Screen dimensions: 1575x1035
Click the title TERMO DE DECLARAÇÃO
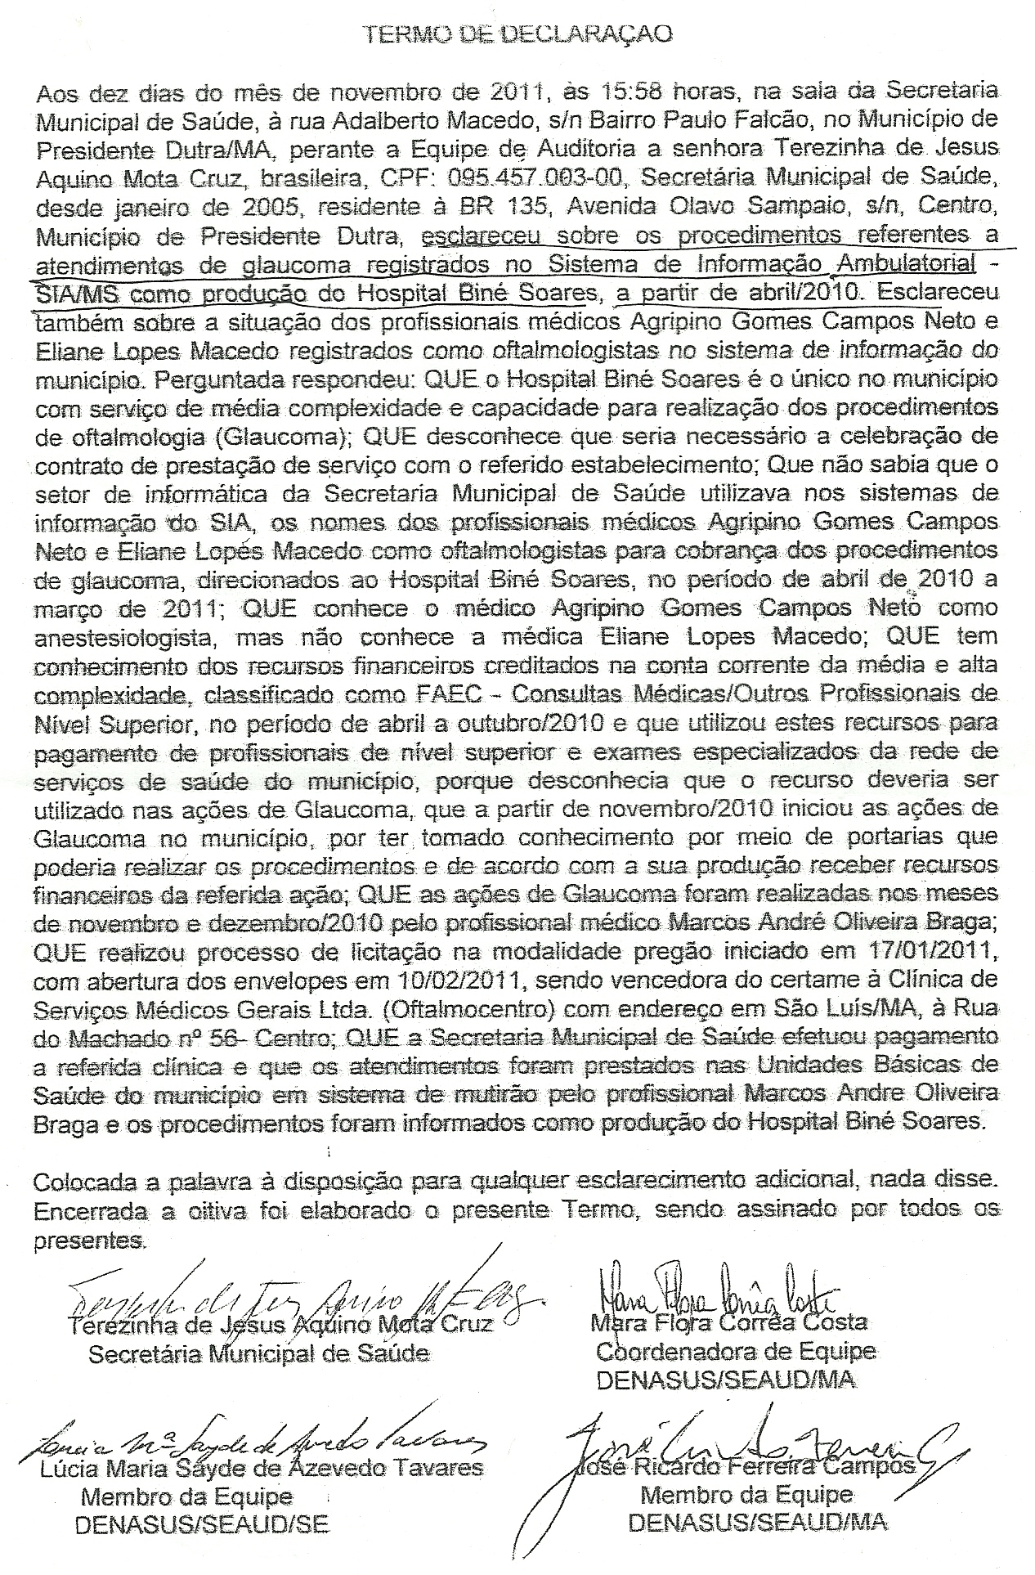(x=517, y=34)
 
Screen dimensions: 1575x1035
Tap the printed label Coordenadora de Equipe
(x=735, y=1351)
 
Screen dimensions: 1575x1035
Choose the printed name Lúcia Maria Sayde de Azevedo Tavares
(x=262, y=1468)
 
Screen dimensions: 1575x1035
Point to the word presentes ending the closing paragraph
(x=88, y=1240)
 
